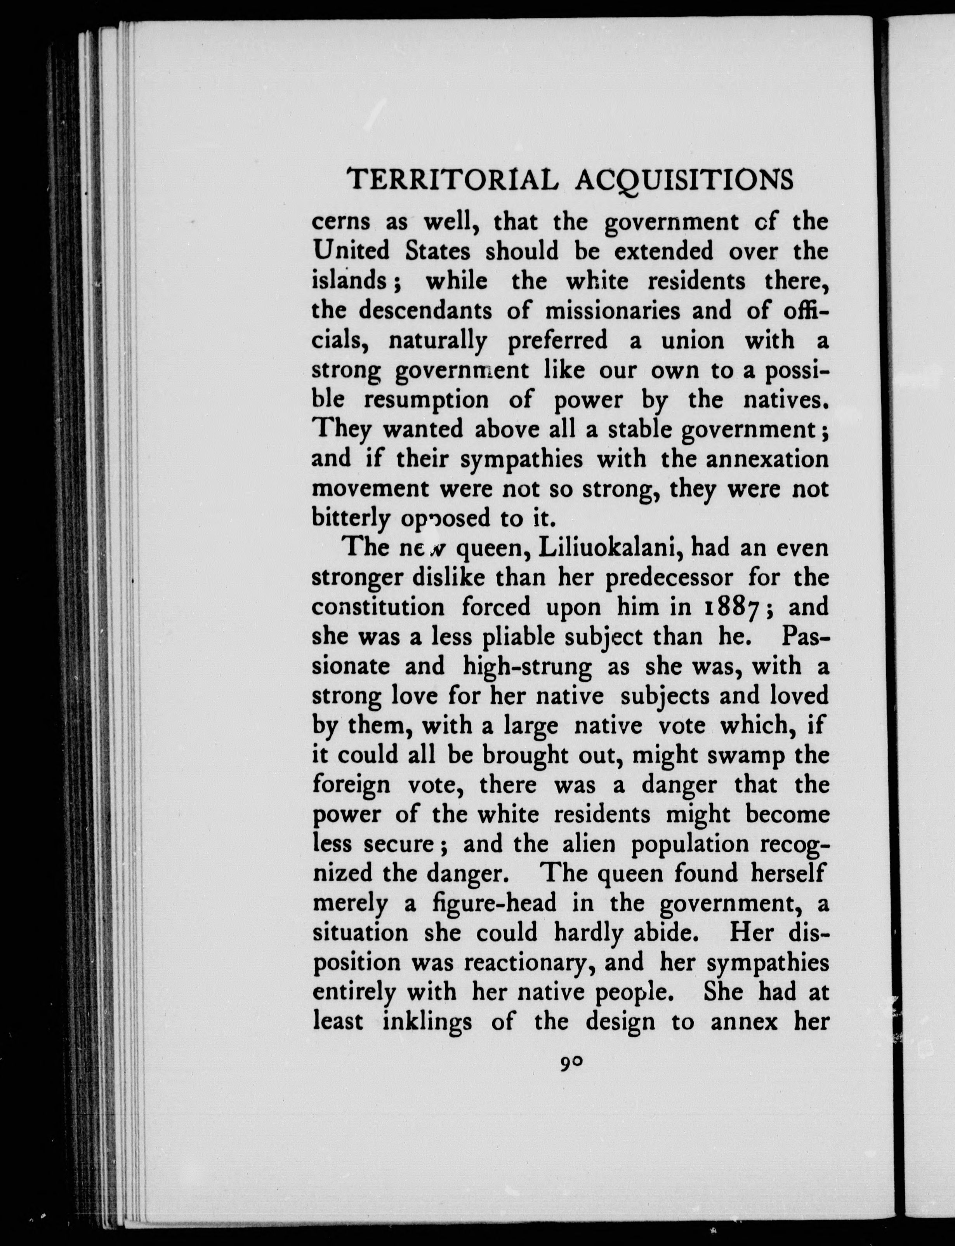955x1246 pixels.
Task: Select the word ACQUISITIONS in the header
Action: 684,181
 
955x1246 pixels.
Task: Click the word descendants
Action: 432,310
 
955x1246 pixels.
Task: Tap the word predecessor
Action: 670,577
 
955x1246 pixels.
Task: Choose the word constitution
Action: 379,607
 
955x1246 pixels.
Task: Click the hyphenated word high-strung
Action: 527,667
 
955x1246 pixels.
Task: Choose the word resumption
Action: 426,399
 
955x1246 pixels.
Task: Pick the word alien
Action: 589,844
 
